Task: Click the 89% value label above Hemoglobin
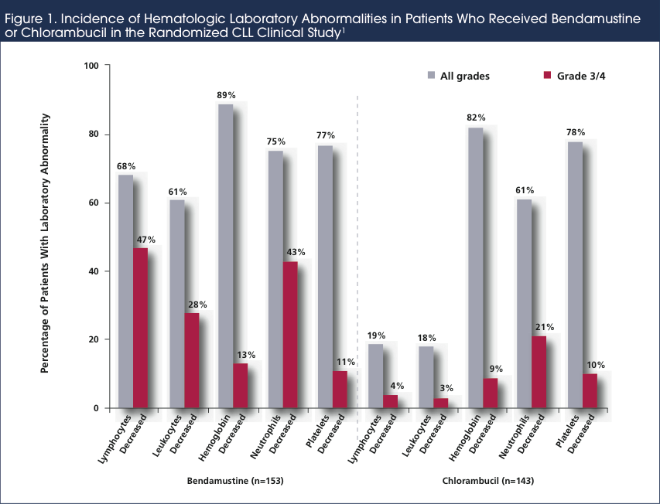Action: click(226, 94)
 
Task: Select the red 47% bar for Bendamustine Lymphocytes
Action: click(141, 328)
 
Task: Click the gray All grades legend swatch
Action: click(432, 76)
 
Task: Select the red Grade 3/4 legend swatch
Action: click(548, 76)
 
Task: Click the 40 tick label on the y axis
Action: click(94, 271)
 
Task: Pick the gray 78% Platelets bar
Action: click(575, 274)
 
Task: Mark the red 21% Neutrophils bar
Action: click(540, 372)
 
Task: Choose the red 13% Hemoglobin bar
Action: click(241, 386)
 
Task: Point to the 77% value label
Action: click(325, 135)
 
